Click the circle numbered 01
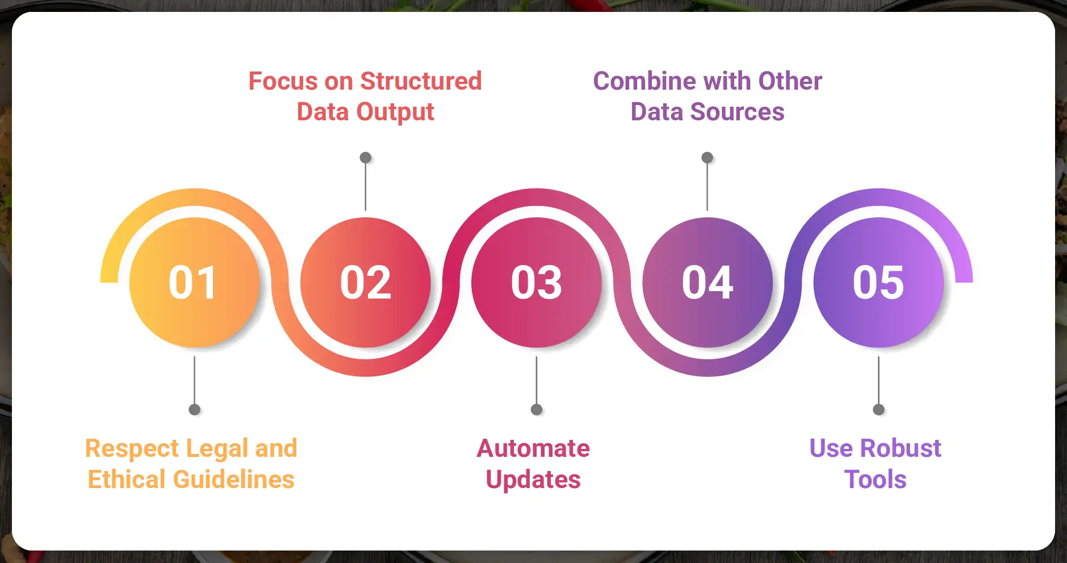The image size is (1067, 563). pos(194,282)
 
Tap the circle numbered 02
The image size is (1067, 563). pos(366,282)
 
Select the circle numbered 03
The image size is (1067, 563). pos(537,282)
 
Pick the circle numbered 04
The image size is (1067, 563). pos(708,282)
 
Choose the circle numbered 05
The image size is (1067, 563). pos(878,282)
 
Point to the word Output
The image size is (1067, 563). pos(395,112)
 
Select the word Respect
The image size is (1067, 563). pos(132,448)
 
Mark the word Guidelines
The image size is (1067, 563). pos(234,480)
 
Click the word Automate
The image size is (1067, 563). pos(533,448)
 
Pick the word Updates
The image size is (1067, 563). pos(533,480)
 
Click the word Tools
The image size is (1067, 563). pos(875,480)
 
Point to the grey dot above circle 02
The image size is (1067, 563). pos(366,157)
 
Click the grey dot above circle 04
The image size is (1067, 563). pos(707,157)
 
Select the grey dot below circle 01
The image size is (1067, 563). pos(194,410)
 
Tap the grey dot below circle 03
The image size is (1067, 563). pos(537,410)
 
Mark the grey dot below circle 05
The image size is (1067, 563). pos(878,410)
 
